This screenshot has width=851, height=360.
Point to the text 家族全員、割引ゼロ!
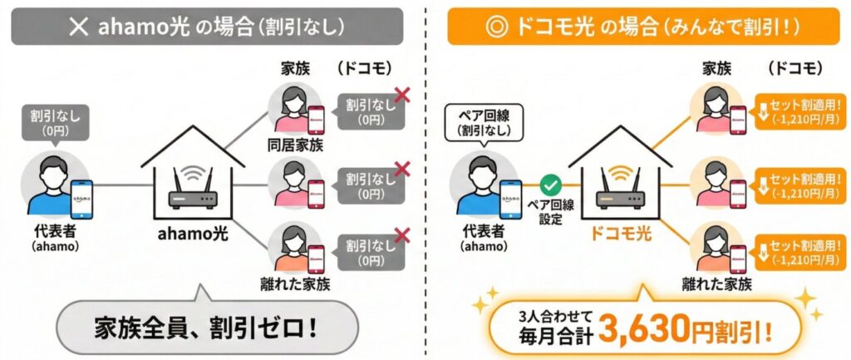(x=209, y=326)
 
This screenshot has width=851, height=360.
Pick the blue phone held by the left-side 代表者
(x=81, y=200)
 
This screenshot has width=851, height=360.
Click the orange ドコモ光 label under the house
(x=619, y=236)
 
